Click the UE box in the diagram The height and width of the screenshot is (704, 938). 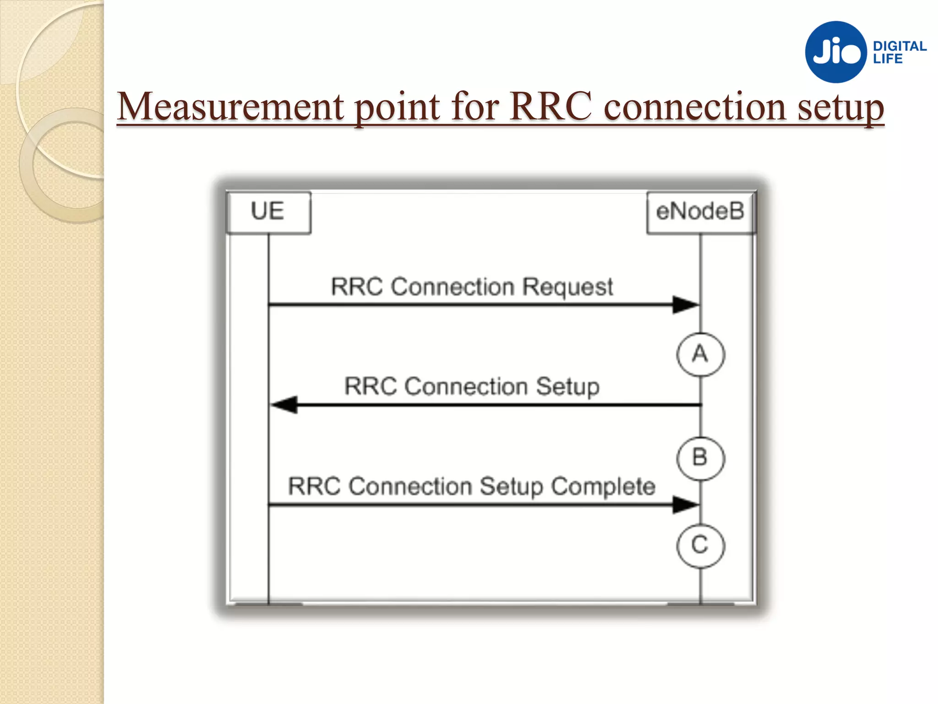click(x=268, y=212)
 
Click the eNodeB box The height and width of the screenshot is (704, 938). click(x=700, y=212)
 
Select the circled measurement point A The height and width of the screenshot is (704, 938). click(x=700, y=354)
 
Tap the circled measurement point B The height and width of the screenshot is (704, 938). click(x=700, y=458)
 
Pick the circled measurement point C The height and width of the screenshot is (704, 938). click(x=700, y=545)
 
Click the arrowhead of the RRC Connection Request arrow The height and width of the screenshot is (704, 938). click(x=685, y=304)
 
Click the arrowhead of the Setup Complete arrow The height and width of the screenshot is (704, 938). click(x=685, y=505)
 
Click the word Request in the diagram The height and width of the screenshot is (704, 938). click(x=567, y=288)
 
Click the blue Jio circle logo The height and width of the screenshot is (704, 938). click(x=836, y=52)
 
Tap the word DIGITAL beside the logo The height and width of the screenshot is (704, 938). click(x=900, y=46)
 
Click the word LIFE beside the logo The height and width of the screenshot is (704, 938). click(x=888, y=59)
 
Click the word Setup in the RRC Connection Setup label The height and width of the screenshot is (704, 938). click(x=567, y=387)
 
